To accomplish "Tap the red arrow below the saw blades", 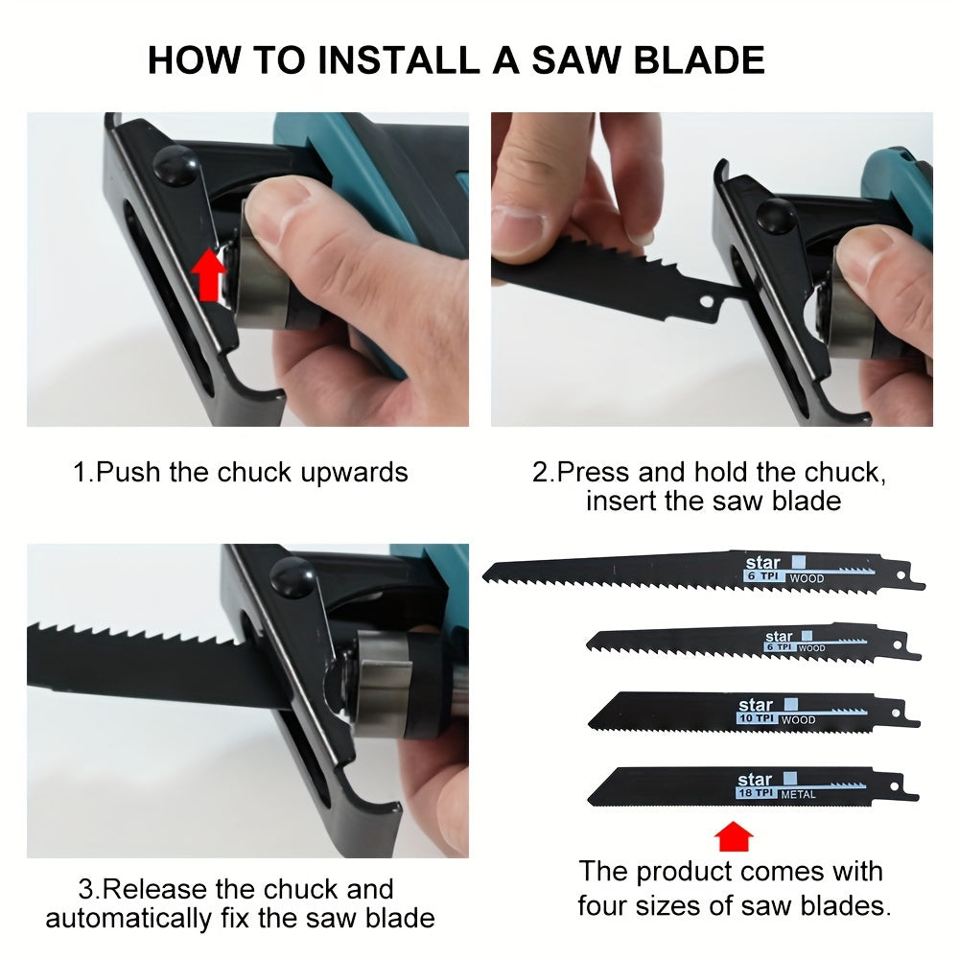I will coord(734,837).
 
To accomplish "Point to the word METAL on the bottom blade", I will coord(798,795).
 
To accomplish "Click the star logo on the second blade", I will coord(779,636).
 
